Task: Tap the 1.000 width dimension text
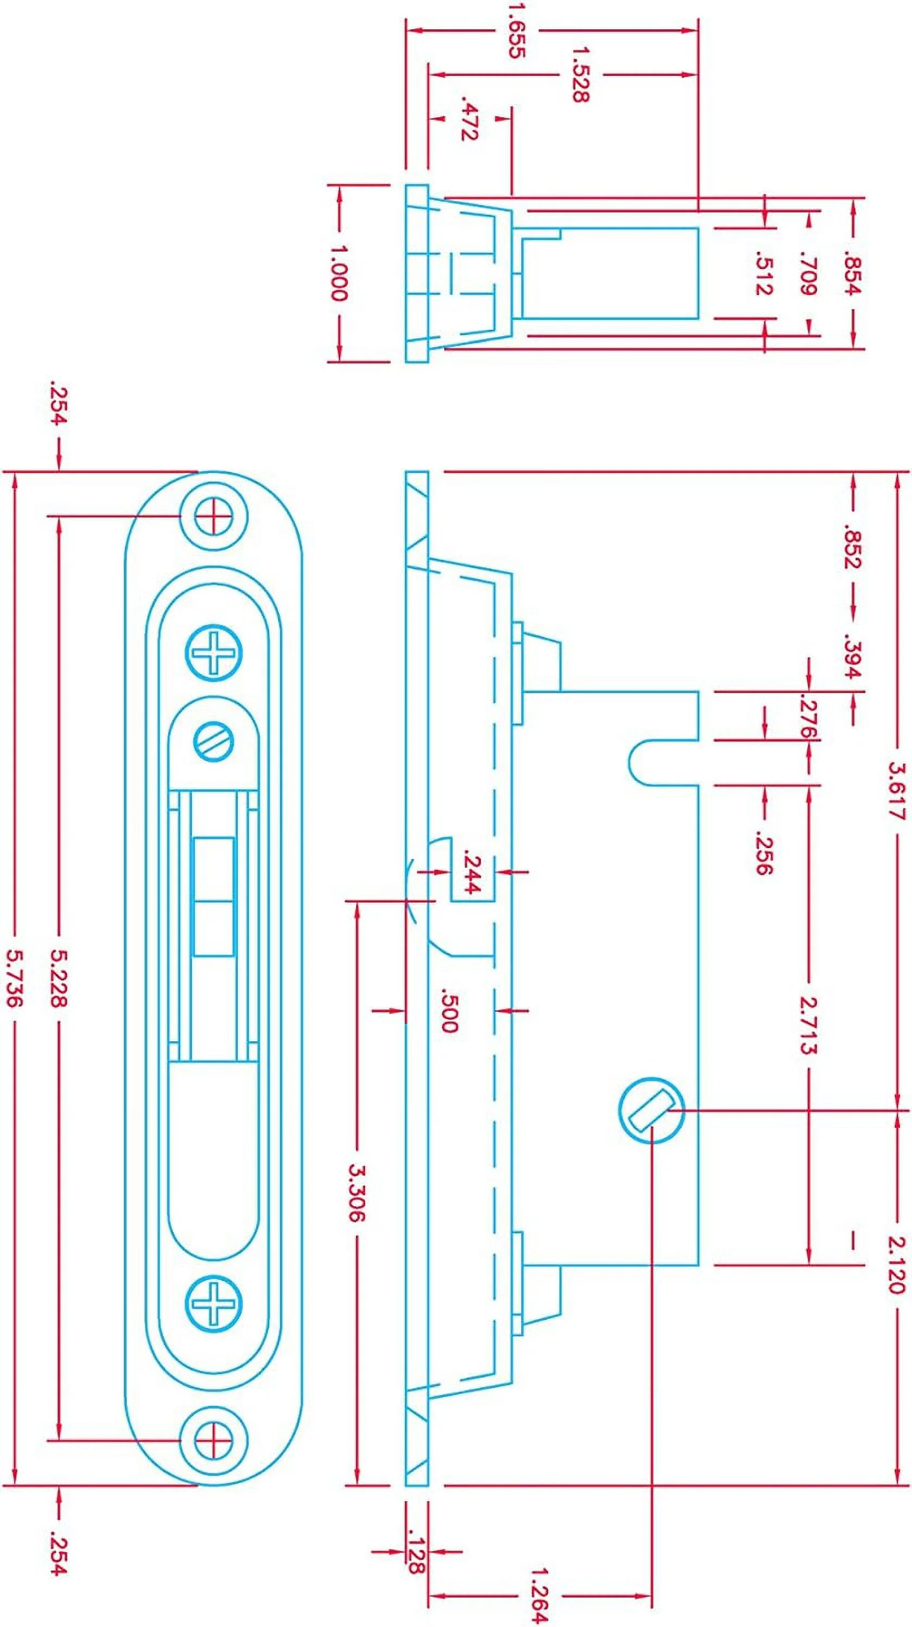click(x=339, y=273)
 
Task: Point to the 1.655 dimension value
click(x=516, y=30)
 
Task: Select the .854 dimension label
click(x=853, y=273)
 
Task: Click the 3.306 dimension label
click(x=357, y=1193)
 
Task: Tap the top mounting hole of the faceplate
click(x=214, y=517)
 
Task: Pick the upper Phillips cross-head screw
click(x=214, y=653)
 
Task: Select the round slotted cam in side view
click(x=651, y=1110)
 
